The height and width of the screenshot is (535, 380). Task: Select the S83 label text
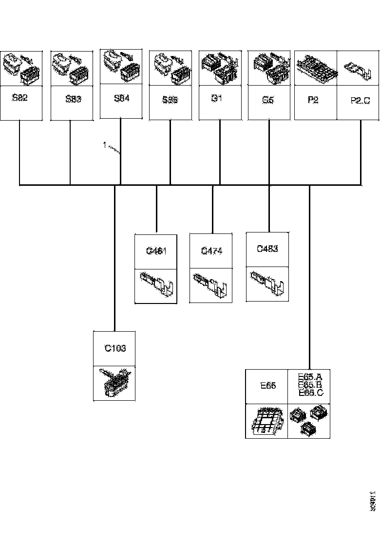(x=73, y=100)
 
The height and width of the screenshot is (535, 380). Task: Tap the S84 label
(x=122, y=98)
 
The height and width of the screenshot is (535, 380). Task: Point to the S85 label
(x=171, y=100)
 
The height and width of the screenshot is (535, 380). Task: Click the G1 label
(x=217, y=98)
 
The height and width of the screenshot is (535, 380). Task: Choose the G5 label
(x=267, y=100)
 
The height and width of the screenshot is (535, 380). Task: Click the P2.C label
(x=361, y=100)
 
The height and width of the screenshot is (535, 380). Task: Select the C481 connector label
(x=156, y=251)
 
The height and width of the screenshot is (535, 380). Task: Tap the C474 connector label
(x=211, y=251)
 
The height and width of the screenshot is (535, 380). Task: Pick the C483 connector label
(x=267, y=249)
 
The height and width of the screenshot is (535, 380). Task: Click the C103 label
(x=115, y=348)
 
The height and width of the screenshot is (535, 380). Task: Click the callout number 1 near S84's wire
(x=104, y=144)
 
